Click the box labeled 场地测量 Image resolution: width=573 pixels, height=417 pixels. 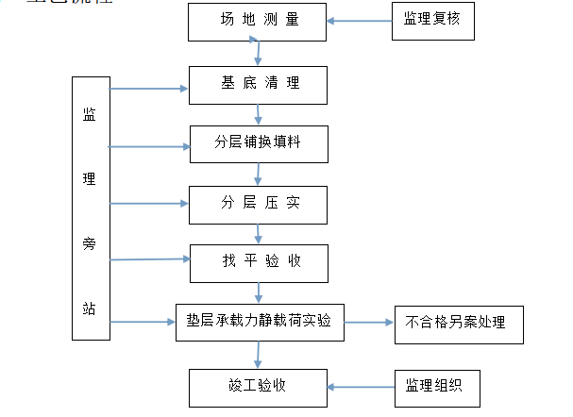pos(258,22)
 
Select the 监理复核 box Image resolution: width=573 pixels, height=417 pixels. pos(432,21)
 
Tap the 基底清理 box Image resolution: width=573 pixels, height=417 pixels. pos(258,84)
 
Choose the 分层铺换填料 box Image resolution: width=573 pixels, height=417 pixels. pos(259,143)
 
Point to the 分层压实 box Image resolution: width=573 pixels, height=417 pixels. pos(259,202)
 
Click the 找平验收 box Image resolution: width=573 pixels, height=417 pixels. pos(259,262)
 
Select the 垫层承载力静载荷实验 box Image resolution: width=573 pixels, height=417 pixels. pos(259,323)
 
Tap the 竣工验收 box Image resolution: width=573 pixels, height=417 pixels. pos(258,386)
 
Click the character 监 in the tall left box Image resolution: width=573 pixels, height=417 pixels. pos(90,115)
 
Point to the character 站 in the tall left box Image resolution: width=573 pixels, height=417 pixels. pos(90,309)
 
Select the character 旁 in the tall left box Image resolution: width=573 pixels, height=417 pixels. pos(90,244)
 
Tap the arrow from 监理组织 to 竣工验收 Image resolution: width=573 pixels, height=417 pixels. pos(360,386)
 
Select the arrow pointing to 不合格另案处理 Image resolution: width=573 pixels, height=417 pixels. pos(368,323)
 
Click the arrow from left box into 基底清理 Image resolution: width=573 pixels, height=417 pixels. pos(148,90)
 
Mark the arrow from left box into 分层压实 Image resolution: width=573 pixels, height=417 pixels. pos(148,203)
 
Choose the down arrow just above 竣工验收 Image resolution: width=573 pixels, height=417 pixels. pos(258,355)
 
